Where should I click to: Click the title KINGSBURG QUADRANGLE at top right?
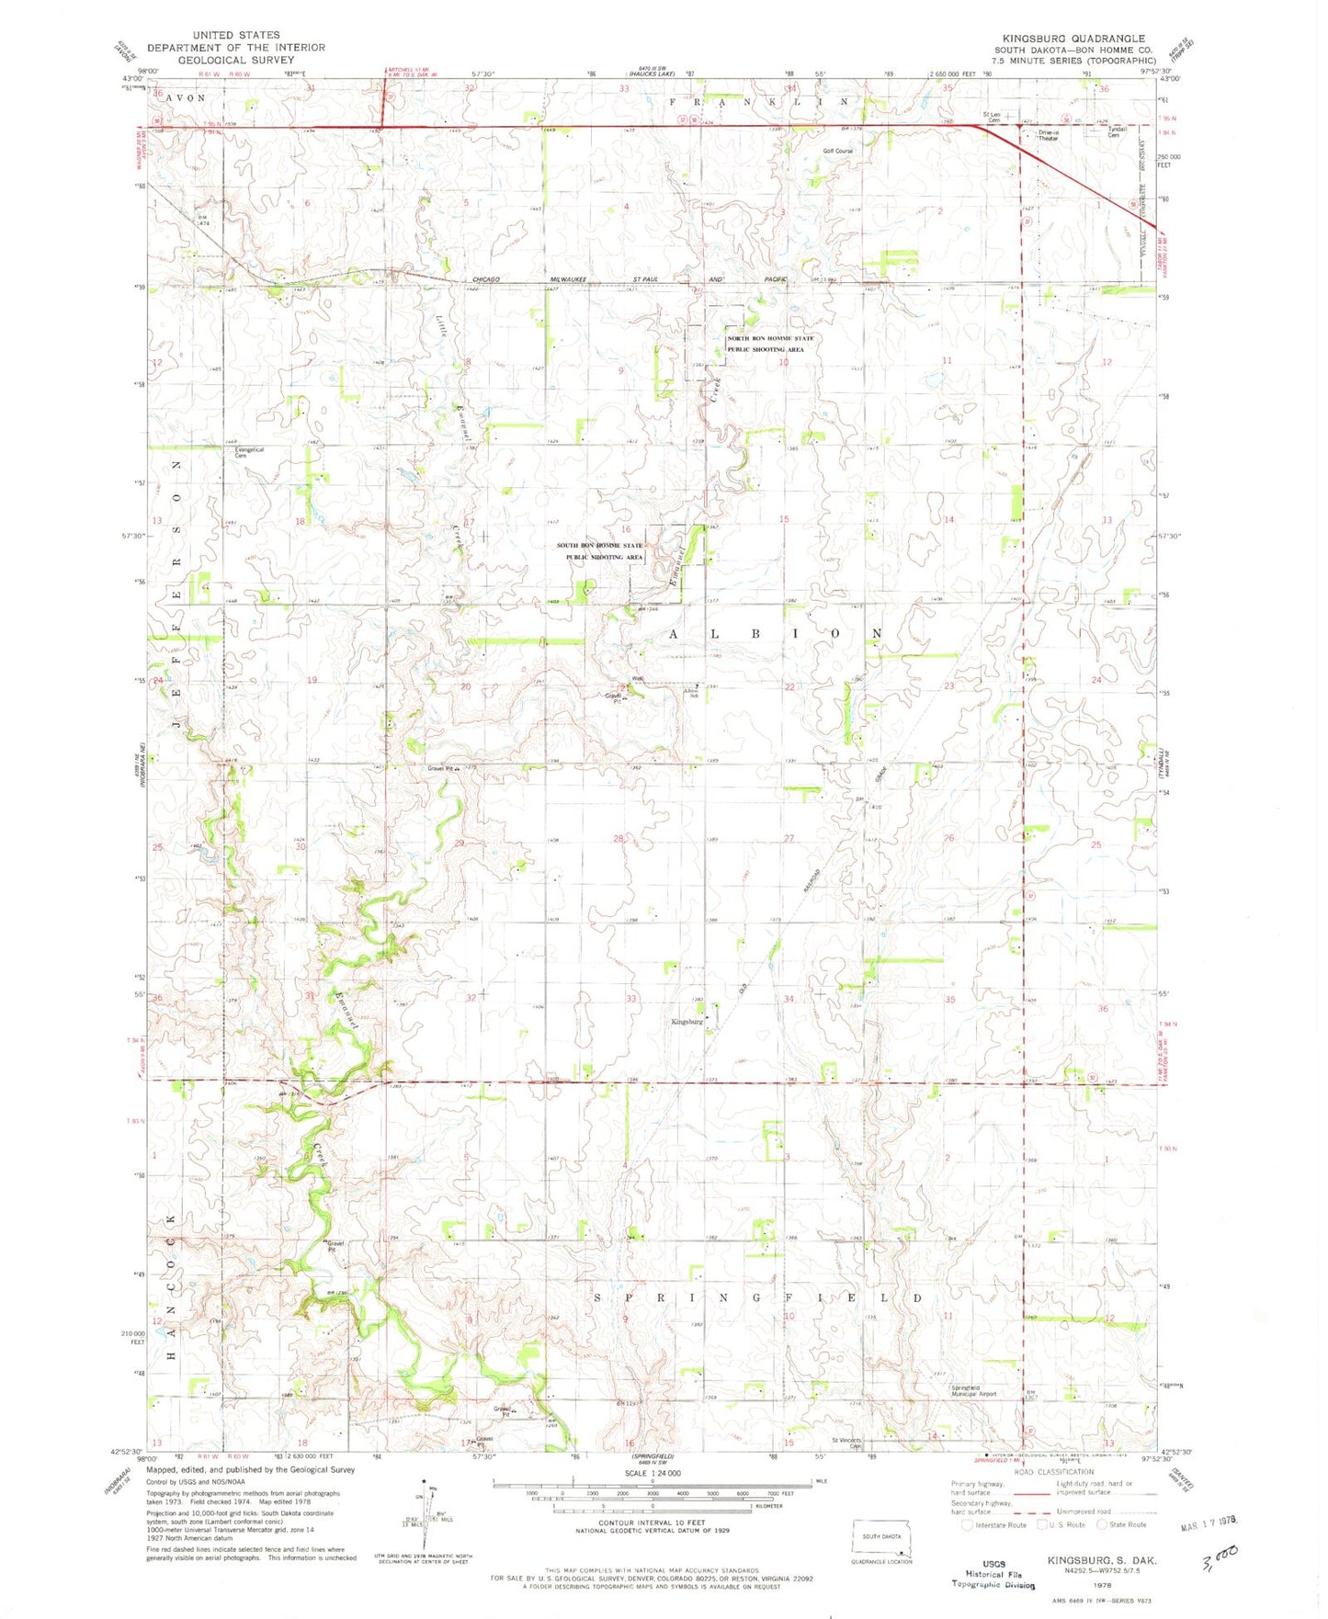point(1073,38)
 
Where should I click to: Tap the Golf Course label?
point(837,151)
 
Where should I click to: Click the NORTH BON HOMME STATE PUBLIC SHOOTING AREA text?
point(770,344)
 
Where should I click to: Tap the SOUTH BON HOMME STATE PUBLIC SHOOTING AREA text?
point(601,551)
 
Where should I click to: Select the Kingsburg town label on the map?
point(687,1022)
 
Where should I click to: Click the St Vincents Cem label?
point(848,1442)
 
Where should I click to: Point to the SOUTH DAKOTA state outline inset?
point(881,1534)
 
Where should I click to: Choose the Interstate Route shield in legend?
point(967,1524)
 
